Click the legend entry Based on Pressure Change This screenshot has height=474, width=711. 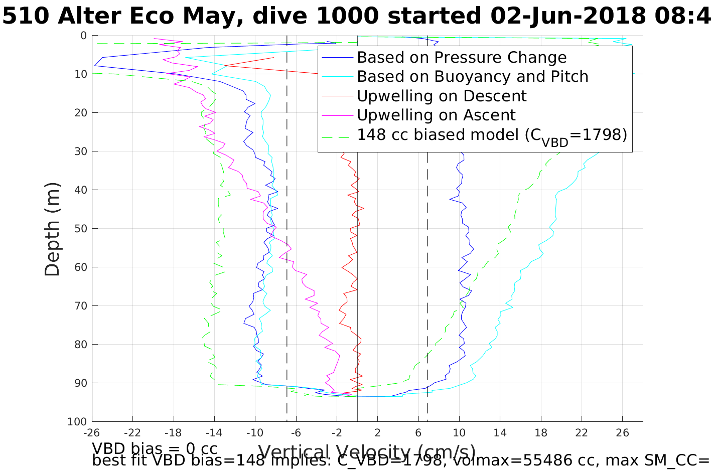[x=462, y=58]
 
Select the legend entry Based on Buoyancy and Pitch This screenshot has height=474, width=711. [x=472, y=77]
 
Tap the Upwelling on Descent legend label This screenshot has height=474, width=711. [x=442, y=96]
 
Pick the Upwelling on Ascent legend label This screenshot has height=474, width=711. [x=436, y=115]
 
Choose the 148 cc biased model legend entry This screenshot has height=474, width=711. [x=492, y=135]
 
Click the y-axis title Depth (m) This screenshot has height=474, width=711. [x=52, y=229]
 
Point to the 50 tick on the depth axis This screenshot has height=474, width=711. [x=80, y=229]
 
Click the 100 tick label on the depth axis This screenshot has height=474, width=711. [x=77, y=422]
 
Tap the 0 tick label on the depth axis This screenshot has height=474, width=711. [x=83, y=36]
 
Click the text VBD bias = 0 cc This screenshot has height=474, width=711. [x=155, y=448]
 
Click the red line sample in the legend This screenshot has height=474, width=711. [x=338, y=96]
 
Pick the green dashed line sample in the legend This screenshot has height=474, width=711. [x=338, y=135]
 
